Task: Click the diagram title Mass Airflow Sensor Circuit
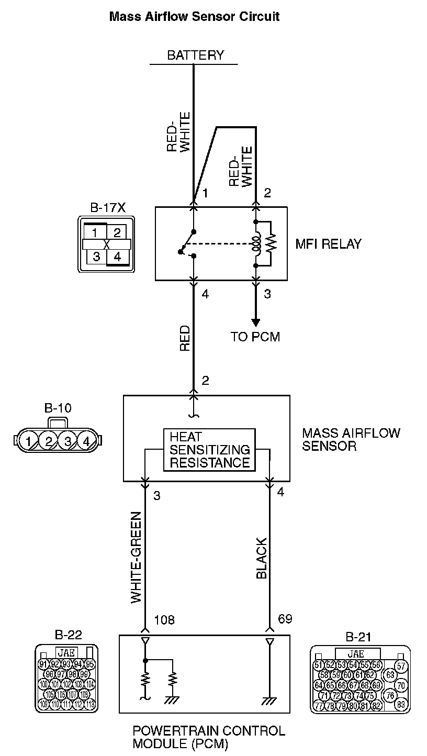[194, 17]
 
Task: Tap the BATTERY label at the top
[195, 55]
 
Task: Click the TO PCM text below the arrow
[255, 337]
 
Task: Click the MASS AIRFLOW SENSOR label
[351, 439]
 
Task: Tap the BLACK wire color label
[262, 558]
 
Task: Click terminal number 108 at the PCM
[164, 620]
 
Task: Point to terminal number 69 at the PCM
[285, 620]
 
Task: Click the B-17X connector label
[108, 207]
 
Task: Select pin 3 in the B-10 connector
[68, 440]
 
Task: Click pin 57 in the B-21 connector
[401, 666]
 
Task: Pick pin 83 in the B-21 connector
[401, 704]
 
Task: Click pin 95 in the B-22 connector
[89, 664]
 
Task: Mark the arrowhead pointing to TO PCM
[256, 322]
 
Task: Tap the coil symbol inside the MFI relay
[256, 244]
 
